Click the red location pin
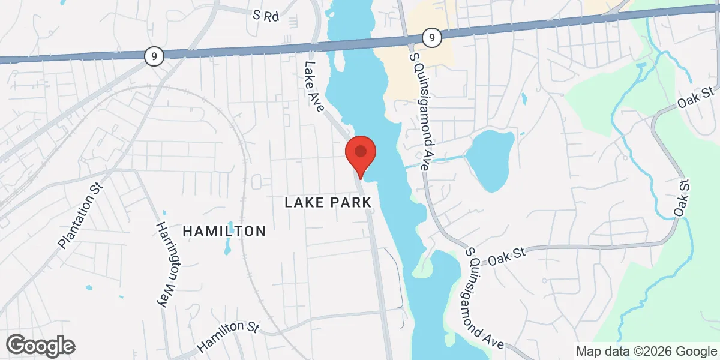[x=360, y=152]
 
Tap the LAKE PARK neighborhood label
[x=328, y=203]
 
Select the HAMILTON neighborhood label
[x=224, y=231]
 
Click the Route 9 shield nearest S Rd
[x=154, y=56]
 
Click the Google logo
[x=41, y=346]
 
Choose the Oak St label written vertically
[x=682, y=198]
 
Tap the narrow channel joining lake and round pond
[x=438, y=160]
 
